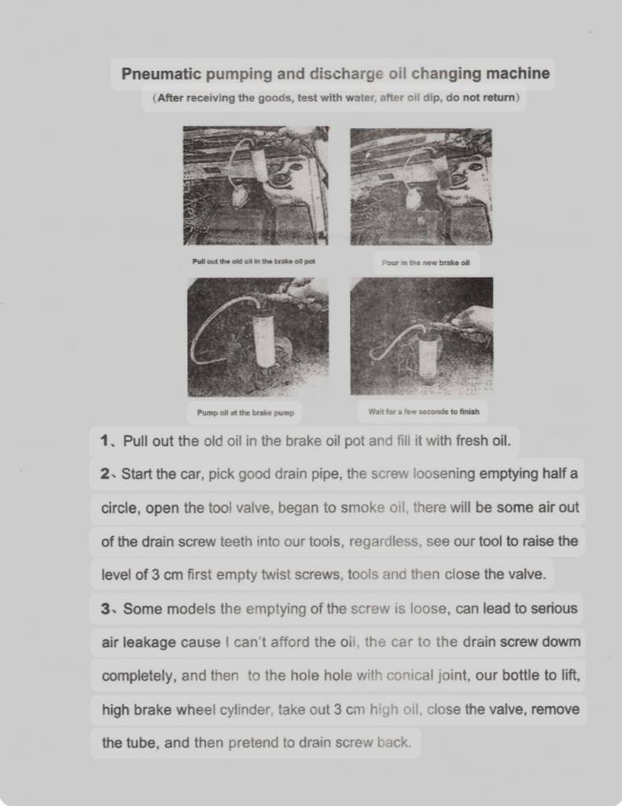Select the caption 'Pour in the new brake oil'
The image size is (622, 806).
pyautogui.click(x=425, y=262)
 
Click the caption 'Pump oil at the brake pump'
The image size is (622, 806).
pyautogui.click(x=245, y=412)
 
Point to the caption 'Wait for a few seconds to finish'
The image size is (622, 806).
pyautogui.click(x=423, y=411)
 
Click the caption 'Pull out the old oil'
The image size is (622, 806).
pyautogui.click(x=253, y=261)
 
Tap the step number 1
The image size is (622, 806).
pyautogui.click(x=105, y=441)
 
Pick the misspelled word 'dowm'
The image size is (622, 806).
pyautogui.click(x=563, y=642)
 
